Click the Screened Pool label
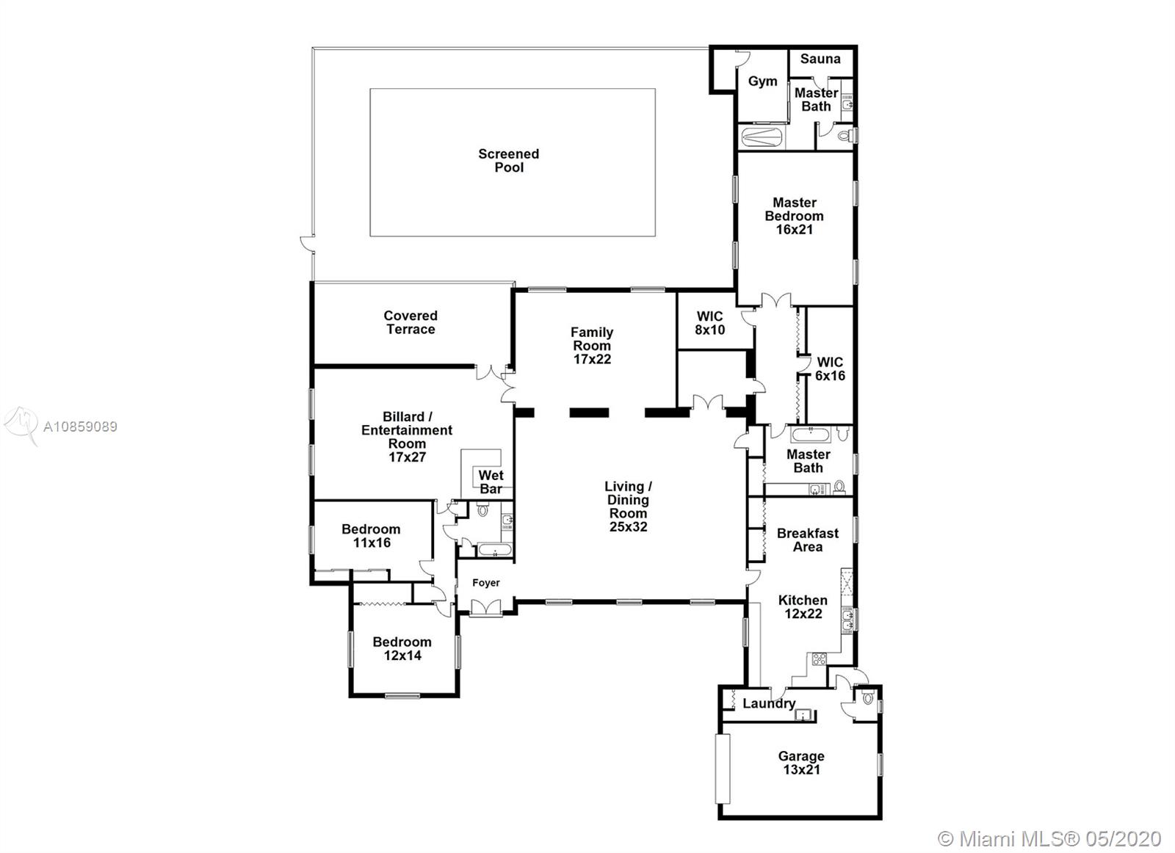(509, 161)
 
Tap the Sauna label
(820, 59)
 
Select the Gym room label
(763, 81)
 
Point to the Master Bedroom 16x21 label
(794, 216)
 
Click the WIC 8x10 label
(709, 323)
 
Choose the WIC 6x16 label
(830, 369)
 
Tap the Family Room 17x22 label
(592, 346)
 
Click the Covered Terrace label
(411, 322)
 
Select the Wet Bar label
(491, 482)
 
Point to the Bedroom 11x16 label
(372, 536)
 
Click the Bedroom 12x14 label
(402, 648)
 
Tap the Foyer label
(485, 582)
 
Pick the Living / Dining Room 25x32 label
(628, 507)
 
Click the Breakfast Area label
(808, 540)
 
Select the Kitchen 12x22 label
(803, 606)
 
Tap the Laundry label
(769, 703)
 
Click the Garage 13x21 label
(801, 763)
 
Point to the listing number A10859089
(80, 426)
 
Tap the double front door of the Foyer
(485, 608)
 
